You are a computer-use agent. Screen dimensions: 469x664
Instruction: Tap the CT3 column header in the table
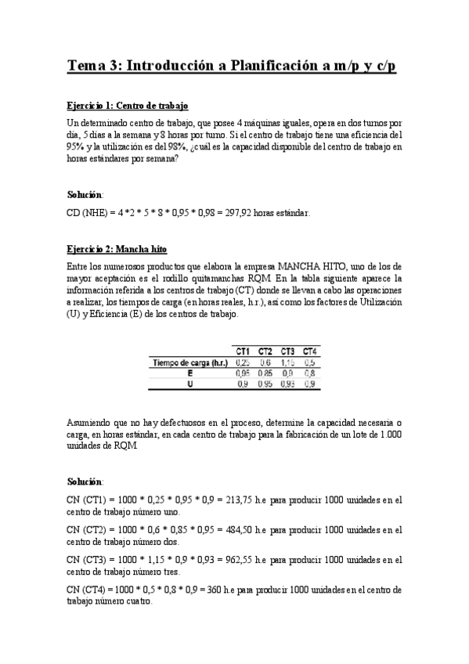click(288, 351)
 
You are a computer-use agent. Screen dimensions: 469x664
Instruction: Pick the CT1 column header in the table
click(243, 351)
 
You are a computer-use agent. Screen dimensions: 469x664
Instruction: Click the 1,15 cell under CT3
click(287, 362)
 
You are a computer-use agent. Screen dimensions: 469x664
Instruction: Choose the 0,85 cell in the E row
click(265, 373)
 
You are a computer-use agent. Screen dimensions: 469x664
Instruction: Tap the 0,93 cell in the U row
click(287, 384)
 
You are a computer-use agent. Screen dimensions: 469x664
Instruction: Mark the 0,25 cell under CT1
click(243, 362)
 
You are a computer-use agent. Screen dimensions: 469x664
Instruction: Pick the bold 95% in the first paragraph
click(77, 146)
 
